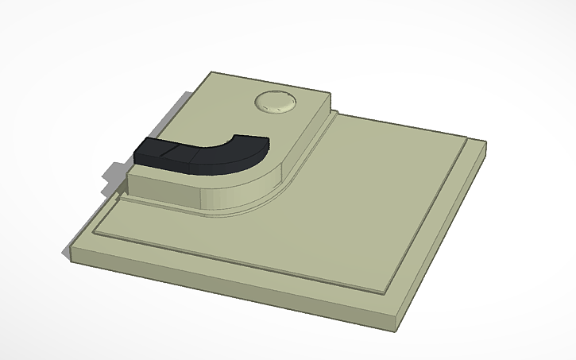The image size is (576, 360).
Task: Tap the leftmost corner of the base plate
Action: pos(71,254)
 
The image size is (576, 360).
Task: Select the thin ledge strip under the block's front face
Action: pos(159,203)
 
